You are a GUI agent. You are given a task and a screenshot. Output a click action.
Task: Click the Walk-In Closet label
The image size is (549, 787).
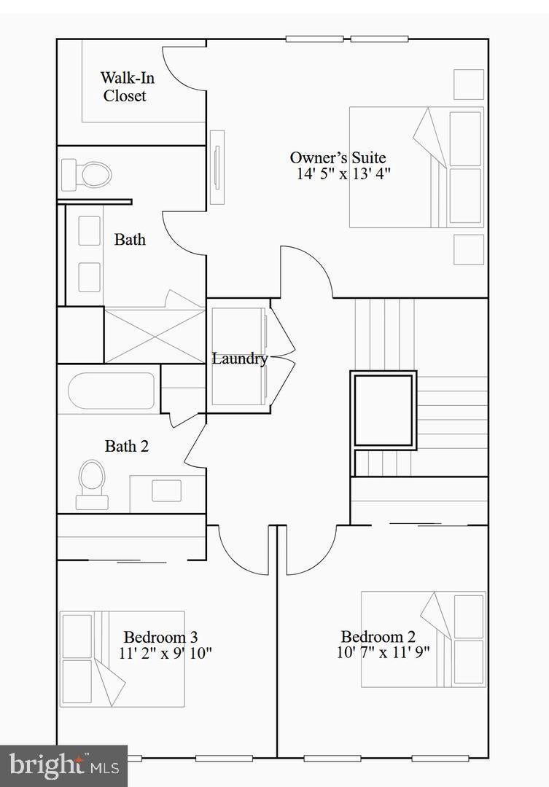coord(127,86)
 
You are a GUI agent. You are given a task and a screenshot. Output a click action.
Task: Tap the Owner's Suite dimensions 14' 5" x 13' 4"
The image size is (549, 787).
coord(343,174)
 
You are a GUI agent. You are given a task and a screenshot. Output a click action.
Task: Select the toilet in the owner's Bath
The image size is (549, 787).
coord(86,175)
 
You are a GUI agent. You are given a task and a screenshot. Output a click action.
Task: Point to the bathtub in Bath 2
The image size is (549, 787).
coord(112,391)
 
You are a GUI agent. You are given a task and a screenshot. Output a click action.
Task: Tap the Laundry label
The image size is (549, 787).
coord(240,359)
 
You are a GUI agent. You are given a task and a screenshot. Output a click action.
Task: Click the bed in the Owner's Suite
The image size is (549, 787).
coord(416,167)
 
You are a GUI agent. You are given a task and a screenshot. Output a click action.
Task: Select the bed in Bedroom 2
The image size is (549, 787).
coord(424,639)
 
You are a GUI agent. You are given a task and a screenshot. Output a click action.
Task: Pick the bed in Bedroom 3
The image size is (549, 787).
coord(122,659)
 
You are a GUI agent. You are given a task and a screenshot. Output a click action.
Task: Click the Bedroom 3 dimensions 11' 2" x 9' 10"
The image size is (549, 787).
coord(166,654)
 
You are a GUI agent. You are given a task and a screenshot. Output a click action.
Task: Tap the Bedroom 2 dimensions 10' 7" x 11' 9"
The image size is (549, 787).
coord(383,652)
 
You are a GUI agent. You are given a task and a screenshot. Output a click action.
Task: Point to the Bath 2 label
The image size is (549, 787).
coord(127,446)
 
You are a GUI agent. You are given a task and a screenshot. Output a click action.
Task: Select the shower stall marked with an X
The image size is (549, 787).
coord(155,334)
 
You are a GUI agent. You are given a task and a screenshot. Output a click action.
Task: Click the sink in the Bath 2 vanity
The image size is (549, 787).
coord(166,490)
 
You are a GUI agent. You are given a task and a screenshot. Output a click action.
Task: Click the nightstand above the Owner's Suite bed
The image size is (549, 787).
coord(469,85)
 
